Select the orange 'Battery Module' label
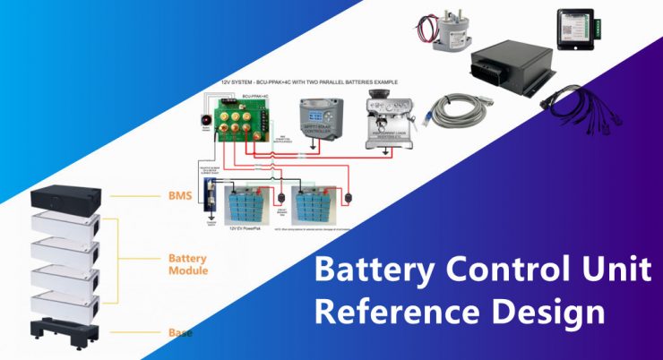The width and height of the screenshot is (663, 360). tap(188, 264)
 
